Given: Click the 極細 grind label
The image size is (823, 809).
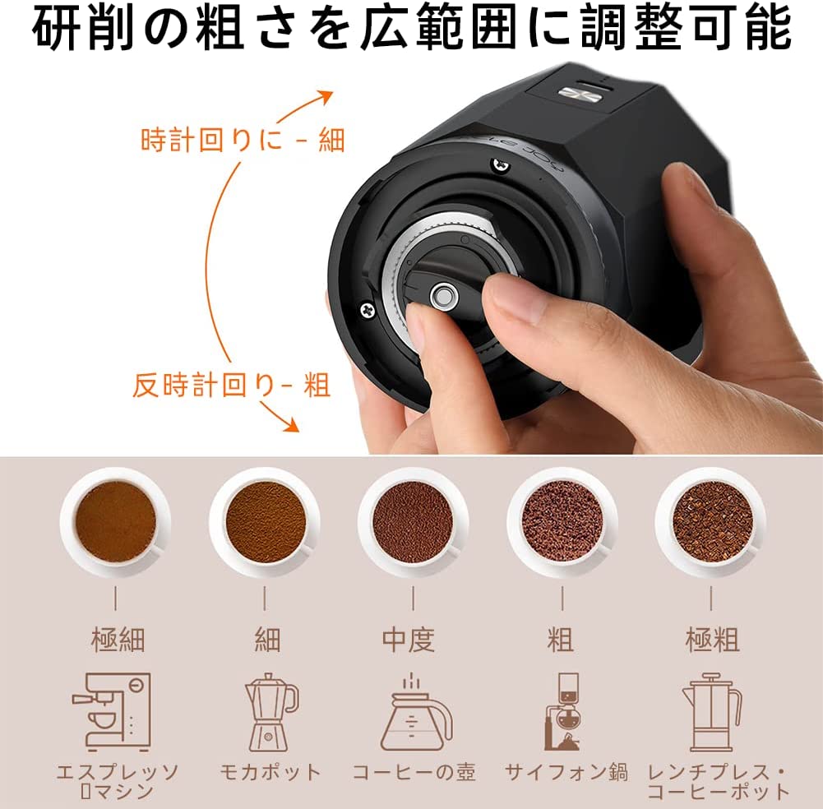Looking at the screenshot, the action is click(118, 640).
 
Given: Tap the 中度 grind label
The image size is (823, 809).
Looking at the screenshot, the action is click(409, 640).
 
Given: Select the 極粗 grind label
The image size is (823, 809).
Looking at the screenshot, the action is click(712, 640).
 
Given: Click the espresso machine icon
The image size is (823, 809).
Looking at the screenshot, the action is click(112, 712).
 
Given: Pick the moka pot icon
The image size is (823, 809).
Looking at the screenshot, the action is click(270, 712).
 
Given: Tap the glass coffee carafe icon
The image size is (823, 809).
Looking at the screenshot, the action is click(416, 713).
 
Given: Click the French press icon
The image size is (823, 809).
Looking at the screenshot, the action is click(712, 712).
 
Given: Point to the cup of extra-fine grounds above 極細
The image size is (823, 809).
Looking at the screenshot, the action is click(115, 522).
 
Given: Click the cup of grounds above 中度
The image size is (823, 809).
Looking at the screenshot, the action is click(413, 522).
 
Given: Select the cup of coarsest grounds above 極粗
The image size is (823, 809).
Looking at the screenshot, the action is click(711, 522).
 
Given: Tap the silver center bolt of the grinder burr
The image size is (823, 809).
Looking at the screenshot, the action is click(443, 297).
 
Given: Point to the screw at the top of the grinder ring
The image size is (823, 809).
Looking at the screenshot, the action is click(501, 165).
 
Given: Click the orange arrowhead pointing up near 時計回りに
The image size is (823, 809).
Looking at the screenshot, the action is click(326, 97).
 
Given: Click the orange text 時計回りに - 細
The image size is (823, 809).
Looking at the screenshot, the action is click(243, 140).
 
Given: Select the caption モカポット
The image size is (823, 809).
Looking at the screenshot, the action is click(270, 772).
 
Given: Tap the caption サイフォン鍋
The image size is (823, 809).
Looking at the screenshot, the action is click(566, 772).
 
